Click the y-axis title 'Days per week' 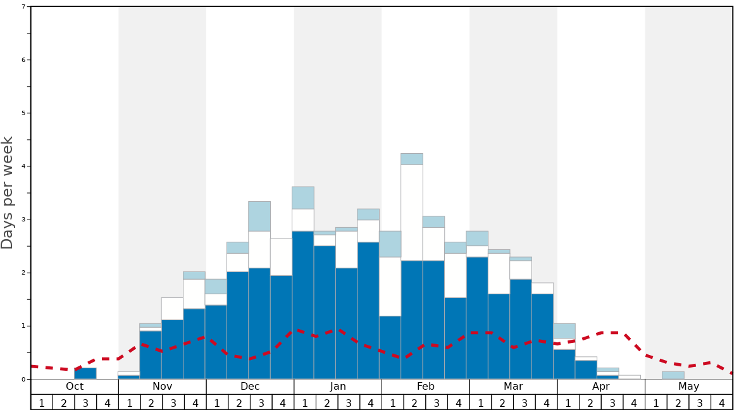(x=8, y=192)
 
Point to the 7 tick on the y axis (x=23, y=7)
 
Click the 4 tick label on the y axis (x=23, y=166)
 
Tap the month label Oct (x=75, y=387)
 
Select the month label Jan (x=338, y=387)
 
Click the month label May (x=689, y=387)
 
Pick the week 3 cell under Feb (x=437, y=402)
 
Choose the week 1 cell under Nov (x=130, y=402)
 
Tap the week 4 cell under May (x=722, y=402)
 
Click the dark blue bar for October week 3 (x=85, y=373)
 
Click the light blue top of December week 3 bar (x=259, y=216)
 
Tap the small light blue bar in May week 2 (x=673, y=375)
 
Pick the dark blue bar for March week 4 (x=542, y=336)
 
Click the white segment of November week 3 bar (x=172, y=308)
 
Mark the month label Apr (x=601, y=387)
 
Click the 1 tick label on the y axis (x=23, y=326)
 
